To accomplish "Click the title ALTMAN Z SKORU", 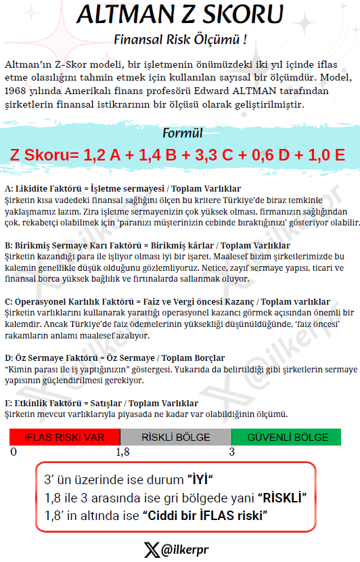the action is coord(179,14).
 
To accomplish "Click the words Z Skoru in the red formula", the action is coord(40,155).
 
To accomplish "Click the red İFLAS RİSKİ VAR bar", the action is coord(64,437).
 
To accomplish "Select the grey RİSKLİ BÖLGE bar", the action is coord(175,437).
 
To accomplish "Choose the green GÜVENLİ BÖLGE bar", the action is coord(286,437).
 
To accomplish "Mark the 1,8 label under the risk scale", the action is coord(122,452).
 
